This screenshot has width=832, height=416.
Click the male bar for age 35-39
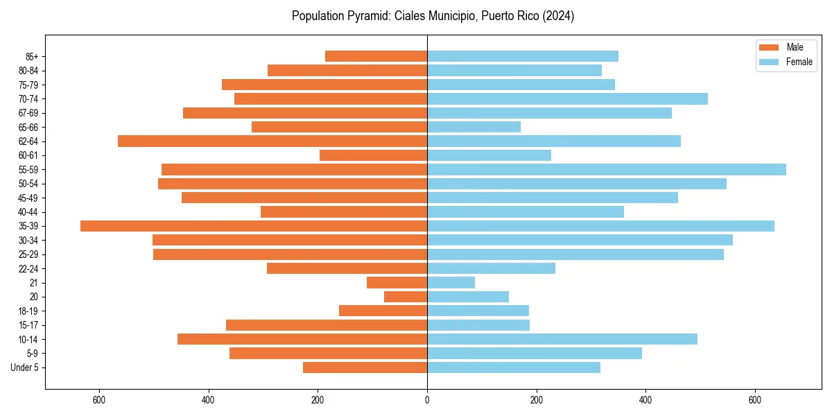tap(254, 226)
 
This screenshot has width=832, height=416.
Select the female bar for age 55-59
tap(607, 169)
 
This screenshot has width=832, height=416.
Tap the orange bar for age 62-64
tap(272, 141)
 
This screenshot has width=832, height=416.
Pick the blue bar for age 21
tap(451, 283)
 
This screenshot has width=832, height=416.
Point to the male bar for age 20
tap(406, 297)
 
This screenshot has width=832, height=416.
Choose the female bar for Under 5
tap(514, 367)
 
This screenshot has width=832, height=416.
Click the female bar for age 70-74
tap(567, 98)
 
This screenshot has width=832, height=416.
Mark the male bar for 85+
tap(376, 56)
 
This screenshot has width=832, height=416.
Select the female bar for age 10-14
tap(562, 339)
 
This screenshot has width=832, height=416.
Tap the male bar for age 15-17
tap(327, 325)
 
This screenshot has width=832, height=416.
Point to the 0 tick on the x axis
tap(427, 400)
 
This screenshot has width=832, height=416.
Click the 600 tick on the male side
tap(98, 400)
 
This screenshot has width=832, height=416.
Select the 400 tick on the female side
tap(645, 400)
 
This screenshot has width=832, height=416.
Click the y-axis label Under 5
tap(24, 367)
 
